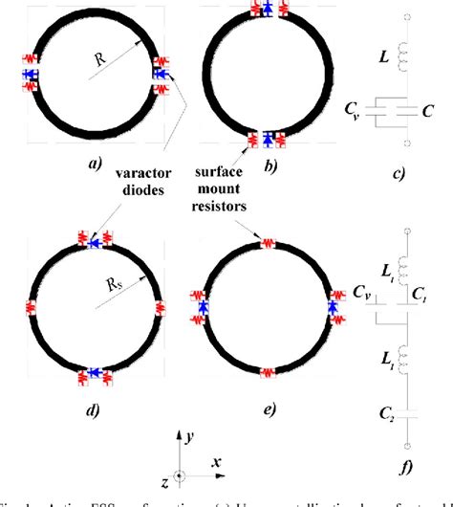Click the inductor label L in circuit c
[x=383, y=59]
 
